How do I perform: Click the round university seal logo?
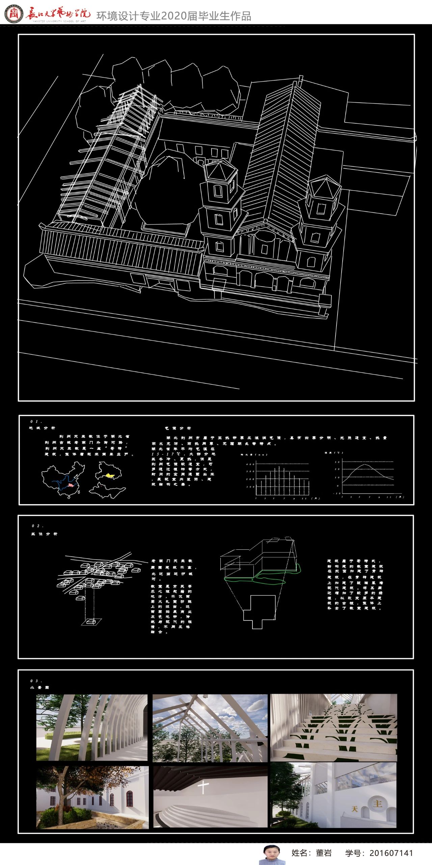coord(13,14)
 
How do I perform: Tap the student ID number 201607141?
coord(391,853)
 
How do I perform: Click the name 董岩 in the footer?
coord(324,853)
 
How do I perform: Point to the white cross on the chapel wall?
coord(203,787)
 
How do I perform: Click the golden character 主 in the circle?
coord(377,803)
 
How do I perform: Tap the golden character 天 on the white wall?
coord(354,809)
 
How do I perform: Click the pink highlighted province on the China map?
coord(71,485)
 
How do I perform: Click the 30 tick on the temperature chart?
coord(337,462)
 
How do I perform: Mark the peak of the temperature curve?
coord(365,465)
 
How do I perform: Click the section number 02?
coord(37,526)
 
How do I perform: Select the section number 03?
coord(36,681)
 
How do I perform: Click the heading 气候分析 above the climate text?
coord(178,428)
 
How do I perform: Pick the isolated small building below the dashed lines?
coord(91,621)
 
